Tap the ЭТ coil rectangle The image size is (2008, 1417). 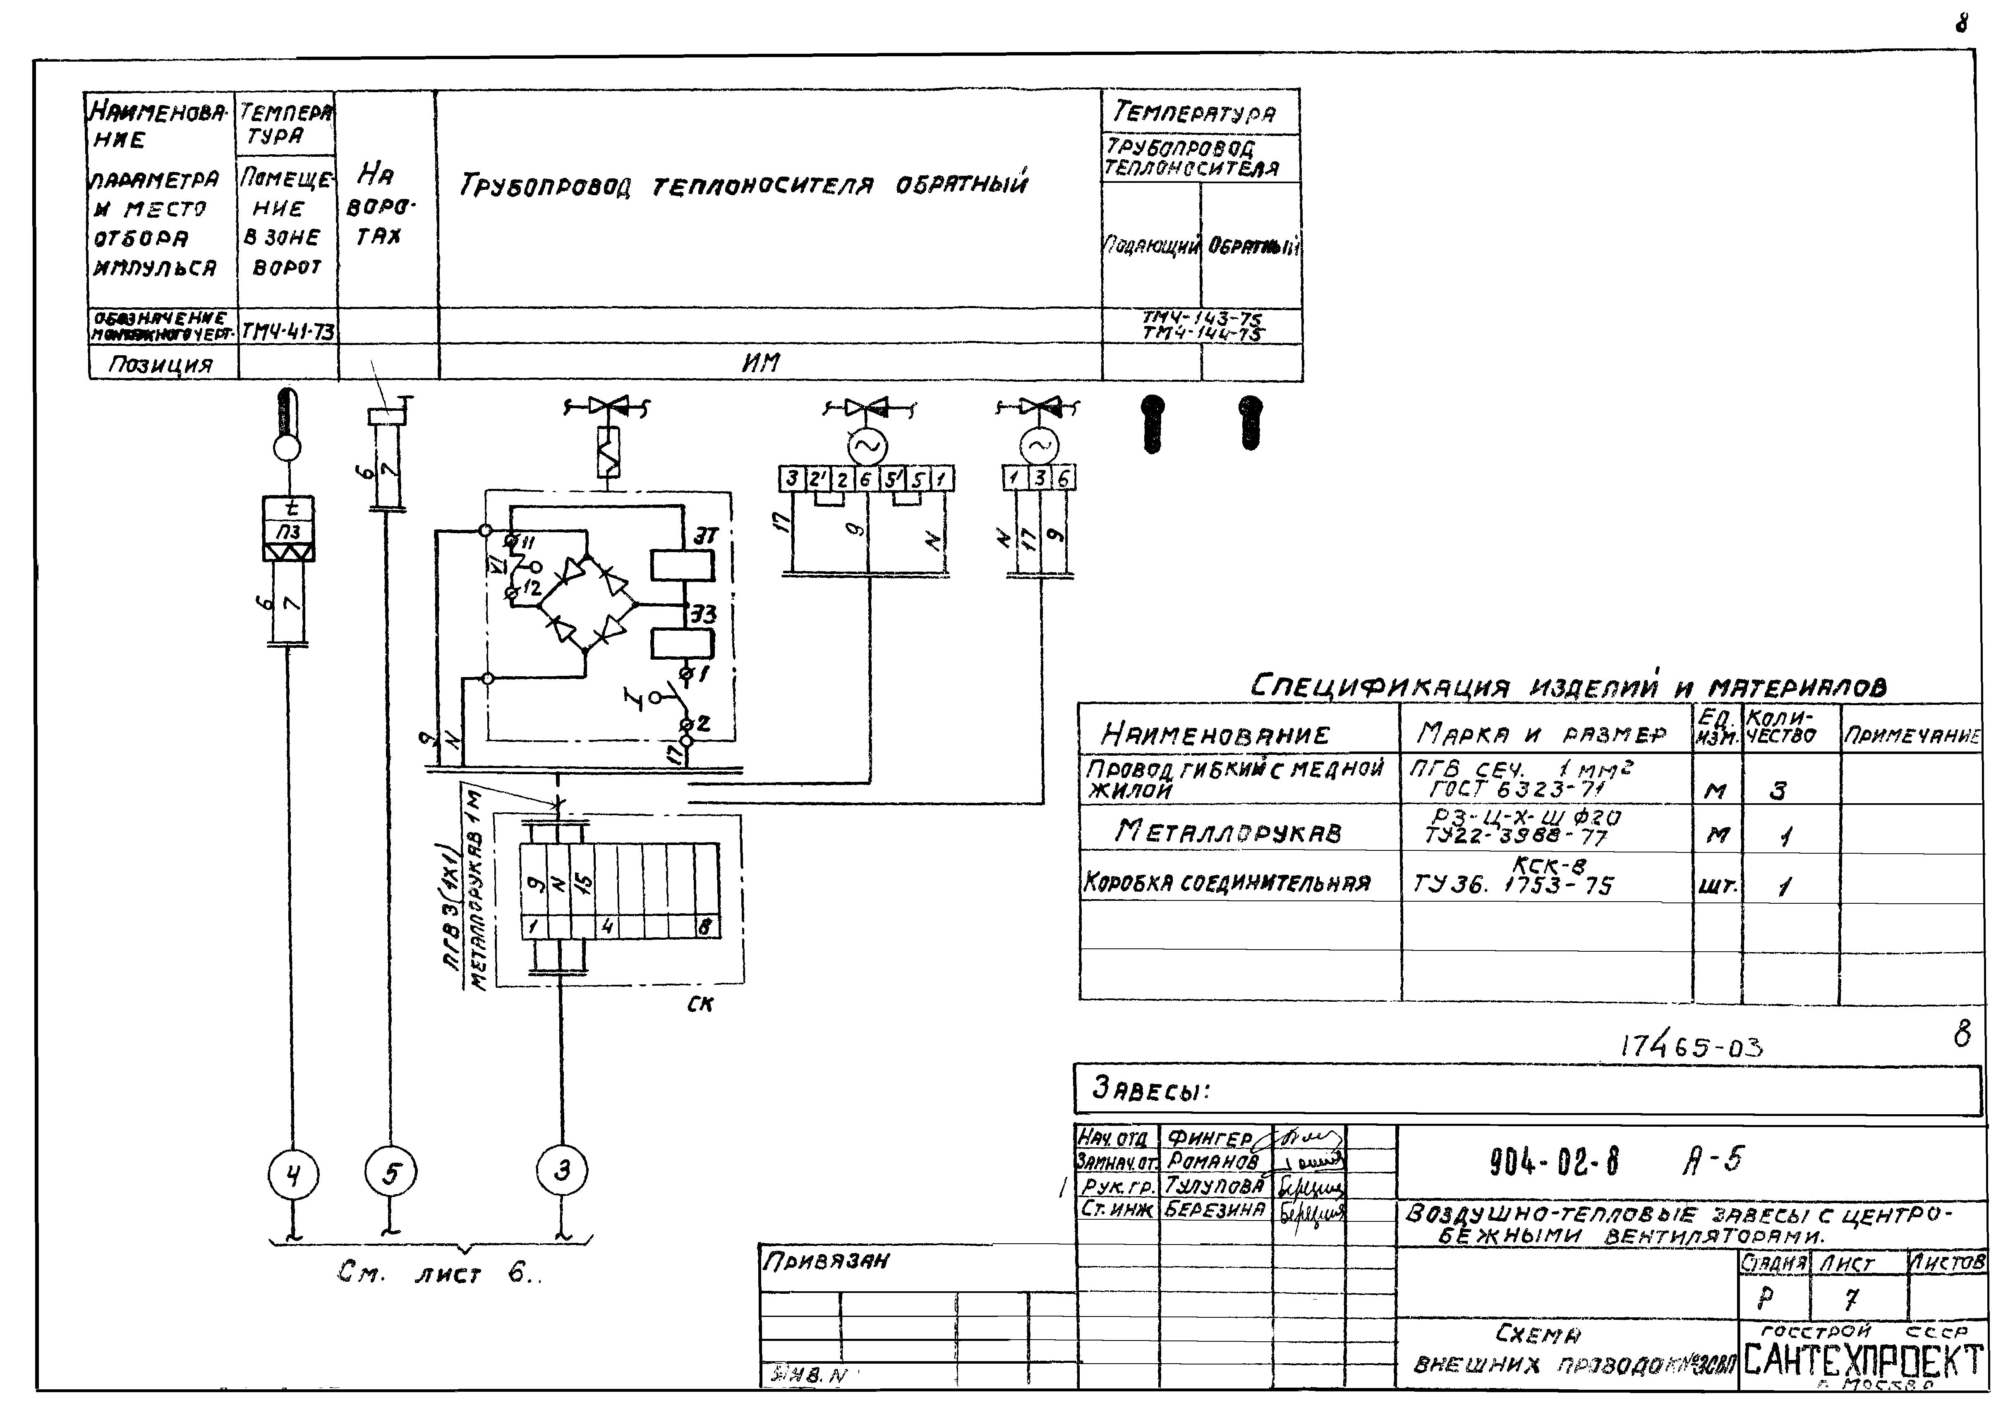click(x=682, y=565)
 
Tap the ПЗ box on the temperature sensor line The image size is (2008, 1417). click(x=289, y=531)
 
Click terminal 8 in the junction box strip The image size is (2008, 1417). click(x=705, y=926)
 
